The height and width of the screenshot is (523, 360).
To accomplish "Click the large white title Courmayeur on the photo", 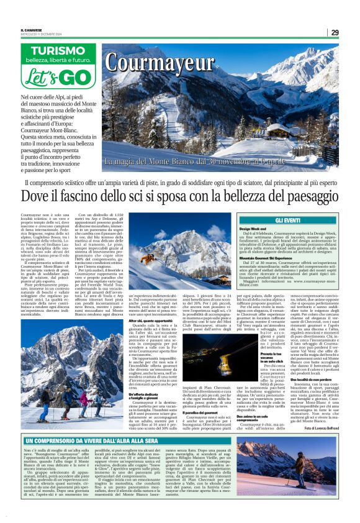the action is (158, 63).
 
